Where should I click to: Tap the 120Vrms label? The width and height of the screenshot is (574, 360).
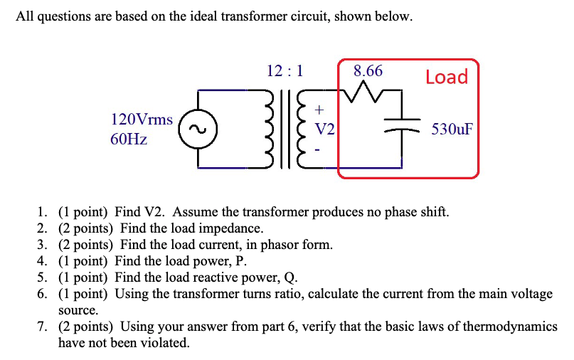(x=142, y=120)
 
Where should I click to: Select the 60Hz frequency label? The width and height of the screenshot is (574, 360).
(x=129, y=139)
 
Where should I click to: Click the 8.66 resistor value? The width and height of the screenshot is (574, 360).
(x=368, y=70)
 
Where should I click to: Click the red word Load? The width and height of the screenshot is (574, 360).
(x=447, y=77)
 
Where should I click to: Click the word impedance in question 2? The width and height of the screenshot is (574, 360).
(x=233, y=228)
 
